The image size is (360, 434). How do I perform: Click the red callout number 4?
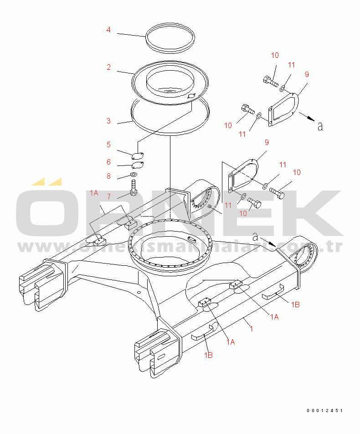[x=108, y=30]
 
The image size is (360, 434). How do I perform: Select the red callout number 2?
[x=109, y=67]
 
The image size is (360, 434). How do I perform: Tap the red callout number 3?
[x=109, y=121]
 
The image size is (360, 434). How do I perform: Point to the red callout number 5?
[x=109, y=145]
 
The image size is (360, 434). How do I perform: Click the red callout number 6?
[x=109, y=162]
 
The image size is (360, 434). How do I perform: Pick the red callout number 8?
[x=109, y=176]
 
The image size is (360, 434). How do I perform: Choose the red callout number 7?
[x=109, y=196]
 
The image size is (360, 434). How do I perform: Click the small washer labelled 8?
[x=134, y=175]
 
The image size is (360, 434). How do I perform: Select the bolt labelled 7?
[x=134, y=188]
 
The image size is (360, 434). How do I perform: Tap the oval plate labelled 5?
[x=138, y=156]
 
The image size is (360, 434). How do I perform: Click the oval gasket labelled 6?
[x=138, y=165]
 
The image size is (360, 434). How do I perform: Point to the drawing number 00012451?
[x=324, y=410]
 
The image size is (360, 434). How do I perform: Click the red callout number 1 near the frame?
[x=251, y=329]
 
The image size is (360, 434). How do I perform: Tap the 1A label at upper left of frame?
[x=94, y=193]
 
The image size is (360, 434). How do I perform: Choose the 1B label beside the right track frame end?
[x=295, y=305]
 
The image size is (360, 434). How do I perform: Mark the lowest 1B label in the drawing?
[x=208, y=355]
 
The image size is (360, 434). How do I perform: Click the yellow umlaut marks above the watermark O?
[x=46, y=181]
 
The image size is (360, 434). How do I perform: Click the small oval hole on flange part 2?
[x=191, y=96]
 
